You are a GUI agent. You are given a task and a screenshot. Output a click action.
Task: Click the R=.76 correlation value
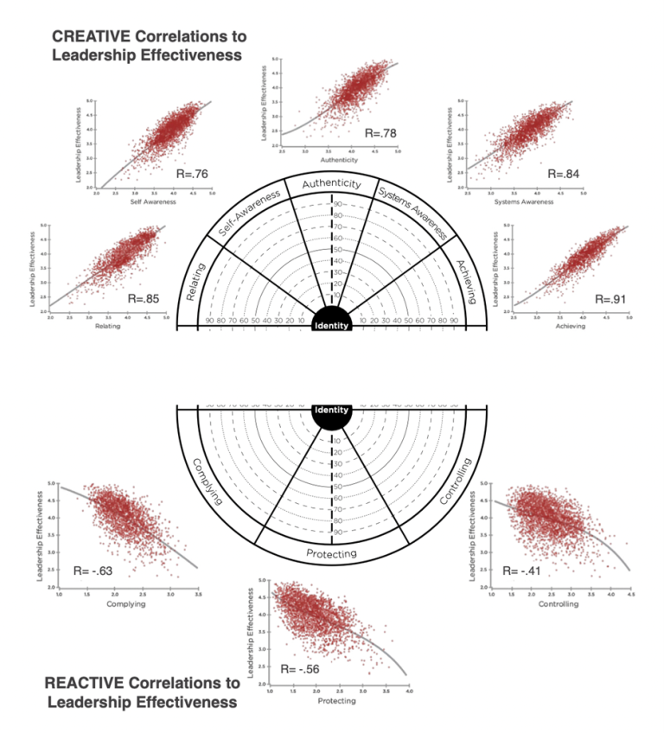pos(192,172)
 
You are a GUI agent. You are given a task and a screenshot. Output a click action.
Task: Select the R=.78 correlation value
pos(380,133)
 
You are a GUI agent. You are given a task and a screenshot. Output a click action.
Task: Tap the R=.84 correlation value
pos(562,174)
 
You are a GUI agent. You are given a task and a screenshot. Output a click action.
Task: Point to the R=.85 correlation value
pos(144,298)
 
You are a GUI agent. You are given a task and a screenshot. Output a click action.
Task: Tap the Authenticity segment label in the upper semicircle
pos(332,183)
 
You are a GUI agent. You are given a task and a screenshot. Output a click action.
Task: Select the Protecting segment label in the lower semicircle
pos(332,553)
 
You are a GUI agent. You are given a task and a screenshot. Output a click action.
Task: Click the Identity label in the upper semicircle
pos(332,326)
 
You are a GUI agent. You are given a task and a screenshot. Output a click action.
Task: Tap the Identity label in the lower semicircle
pos(332,410)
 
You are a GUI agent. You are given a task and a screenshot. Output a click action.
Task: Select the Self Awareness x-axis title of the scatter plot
pos(153,201)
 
